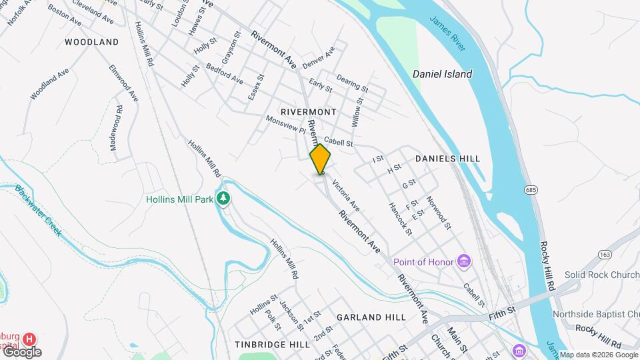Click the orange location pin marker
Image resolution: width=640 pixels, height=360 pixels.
[x=321, y=159]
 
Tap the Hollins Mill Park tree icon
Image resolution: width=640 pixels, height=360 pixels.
[x=225, y=199]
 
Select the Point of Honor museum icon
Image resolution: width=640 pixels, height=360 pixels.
[x=465, y=261]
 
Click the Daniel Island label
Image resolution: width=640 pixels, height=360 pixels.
[x=442, y=74]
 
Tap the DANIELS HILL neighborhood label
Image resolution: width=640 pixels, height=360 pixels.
[x=447, y=159]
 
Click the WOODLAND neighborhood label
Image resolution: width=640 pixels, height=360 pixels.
[x=92, y=42]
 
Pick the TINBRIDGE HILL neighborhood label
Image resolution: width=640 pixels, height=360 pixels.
[x=272, y=345]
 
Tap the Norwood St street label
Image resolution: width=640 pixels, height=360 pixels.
[x=439, y=213]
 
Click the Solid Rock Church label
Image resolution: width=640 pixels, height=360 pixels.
[x=602, y=275]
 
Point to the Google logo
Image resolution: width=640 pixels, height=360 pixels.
[x=21, y=352]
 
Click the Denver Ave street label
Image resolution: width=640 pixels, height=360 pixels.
[x=319, y=58]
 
